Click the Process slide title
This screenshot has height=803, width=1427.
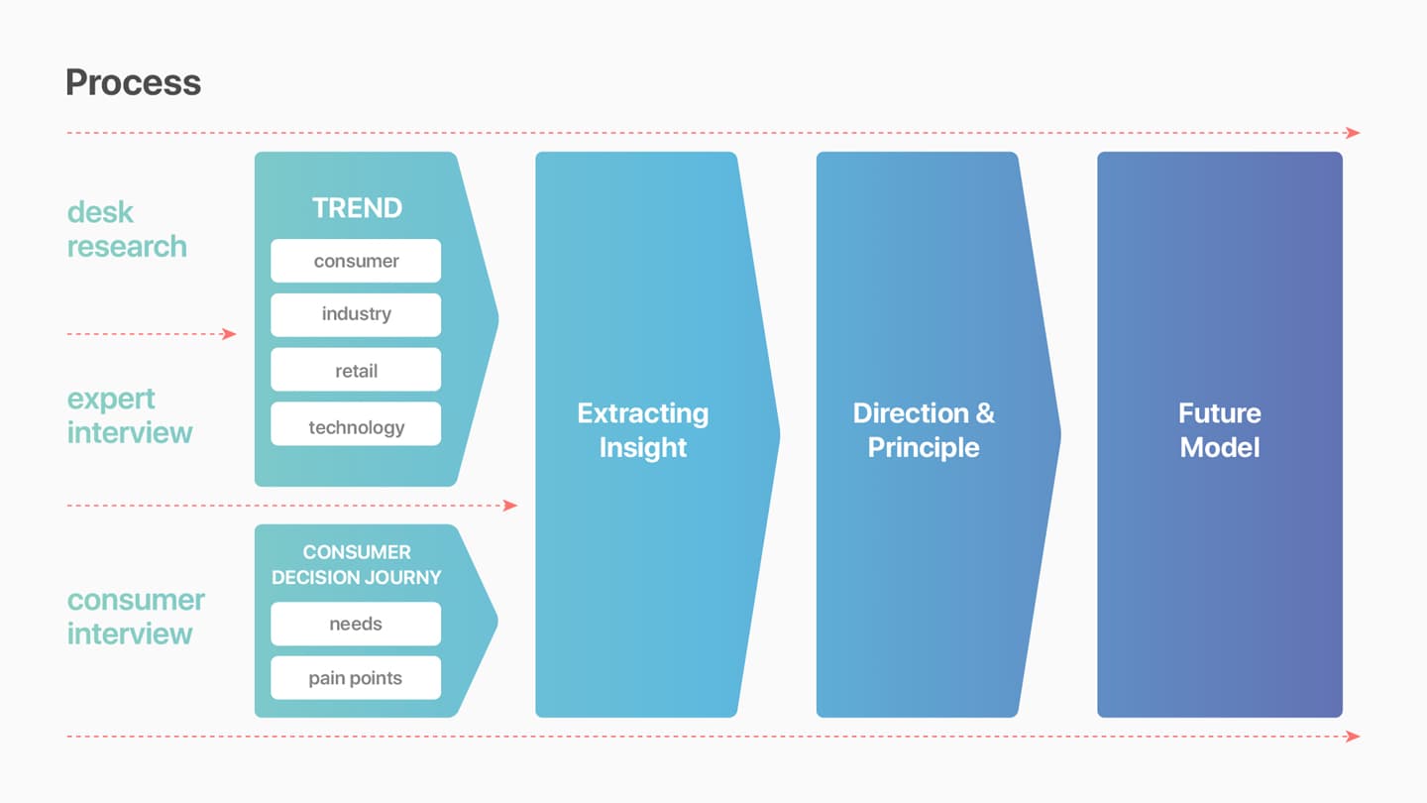(x=133, y=83)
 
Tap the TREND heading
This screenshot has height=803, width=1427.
(x=357, y=208)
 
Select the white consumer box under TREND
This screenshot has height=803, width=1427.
(x=356, y=261)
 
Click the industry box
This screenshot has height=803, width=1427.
(x=356, y=315)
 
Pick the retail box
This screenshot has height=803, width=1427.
(x=356, y=369)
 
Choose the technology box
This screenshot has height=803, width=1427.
(x=356, y=424)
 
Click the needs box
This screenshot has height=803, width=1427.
(x=356, y=624)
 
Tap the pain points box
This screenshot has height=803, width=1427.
(x=356, y=677)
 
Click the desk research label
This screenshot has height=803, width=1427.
(x=127, y=229)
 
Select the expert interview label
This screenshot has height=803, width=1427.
(x=129, y=415)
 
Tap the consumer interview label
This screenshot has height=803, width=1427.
(x=136, y=617)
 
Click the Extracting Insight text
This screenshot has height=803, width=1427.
(x=643, y=430)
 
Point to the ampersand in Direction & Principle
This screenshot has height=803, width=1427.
(x=985, y=413)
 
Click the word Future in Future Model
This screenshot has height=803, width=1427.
(x=1219, y=413)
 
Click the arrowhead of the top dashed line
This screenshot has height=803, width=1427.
(x=1353, y=133)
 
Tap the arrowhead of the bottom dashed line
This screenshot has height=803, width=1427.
(x=1353, y=736)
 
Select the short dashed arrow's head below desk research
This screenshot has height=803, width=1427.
(x=229, y=334)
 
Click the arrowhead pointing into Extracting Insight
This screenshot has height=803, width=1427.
(x=510, y=506)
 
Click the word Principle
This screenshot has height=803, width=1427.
(x=924, y=447)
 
